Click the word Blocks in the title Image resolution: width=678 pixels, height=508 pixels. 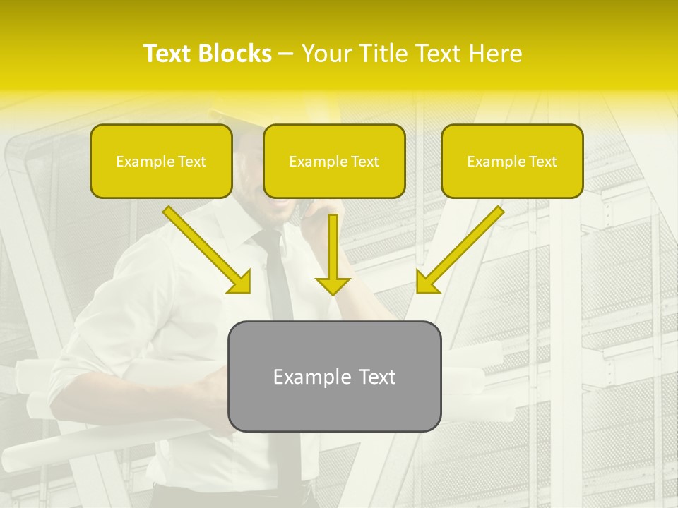click(x=235, y=54)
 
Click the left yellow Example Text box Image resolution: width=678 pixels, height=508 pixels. click(x=161, y=162)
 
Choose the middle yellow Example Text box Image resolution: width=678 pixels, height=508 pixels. click(x=334, y=162)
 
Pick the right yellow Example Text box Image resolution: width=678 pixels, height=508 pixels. click(x=512, y=162)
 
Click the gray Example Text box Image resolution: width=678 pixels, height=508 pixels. click(x=334, y=376)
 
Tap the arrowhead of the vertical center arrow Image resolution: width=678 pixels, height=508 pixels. click(x=333, y=286)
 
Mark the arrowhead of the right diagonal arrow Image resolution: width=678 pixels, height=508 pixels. click(x=426, y=284)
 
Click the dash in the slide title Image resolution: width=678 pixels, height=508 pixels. click(x=286, y=54)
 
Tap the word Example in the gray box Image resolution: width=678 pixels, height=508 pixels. click(x=311, y=377)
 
